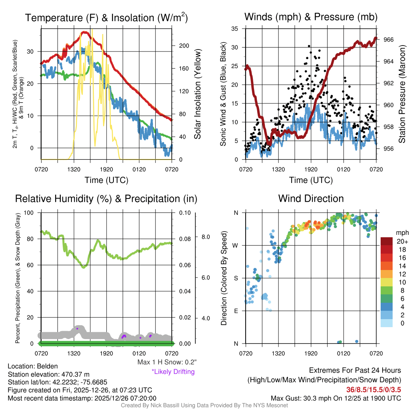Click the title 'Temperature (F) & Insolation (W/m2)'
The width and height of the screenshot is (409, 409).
click(106, 18)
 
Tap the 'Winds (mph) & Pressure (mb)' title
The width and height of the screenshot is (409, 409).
click(311, 17)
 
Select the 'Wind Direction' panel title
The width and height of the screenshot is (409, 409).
click(311, 199)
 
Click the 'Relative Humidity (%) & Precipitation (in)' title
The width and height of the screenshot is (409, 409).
click(106, 199)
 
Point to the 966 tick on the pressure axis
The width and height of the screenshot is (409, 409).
click(389, 40)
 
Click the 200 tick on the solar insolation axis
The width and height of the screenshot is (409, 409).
click(184, 46)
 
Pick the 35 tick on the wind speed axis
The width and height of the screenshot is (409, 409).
click(234, 29)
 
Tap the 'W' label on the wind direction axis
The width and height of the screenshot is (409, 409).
click(236, 245)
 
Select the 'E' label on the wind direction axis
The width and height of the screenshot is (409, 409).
click(236, 311)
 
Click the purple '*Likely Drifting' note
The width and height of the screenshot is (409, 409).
click(173, 372)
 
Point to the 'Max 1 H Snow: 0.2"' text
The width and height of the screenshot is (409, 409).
click(167, 362)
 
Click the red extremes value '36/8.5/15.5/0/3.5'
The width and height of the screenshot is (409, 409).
click(374, 389)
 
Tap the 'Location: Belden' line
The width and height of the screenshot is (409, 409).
click(33, 366)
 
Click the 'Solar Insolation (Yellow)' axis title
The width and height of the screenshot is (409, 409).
click(197, 94)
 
